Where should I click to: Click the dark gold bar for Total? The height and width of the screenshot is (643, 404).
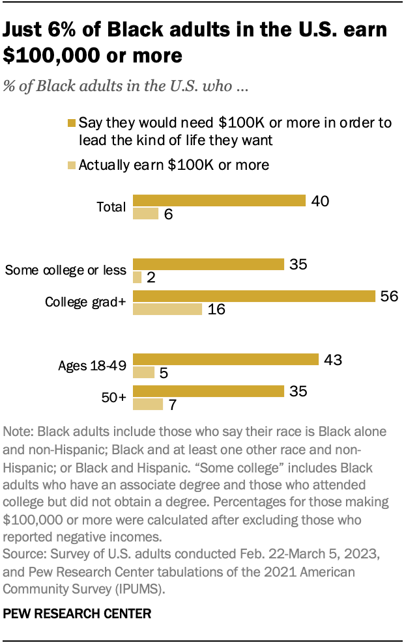pyautogui.click(x=219, y=200)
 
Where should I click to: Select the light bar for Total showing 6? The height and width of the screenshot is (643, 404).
pyautogui.click(x=145, y=213)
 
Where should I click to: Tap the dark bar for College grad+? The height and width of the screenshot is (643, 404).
pyautogui.click(x=254, y=296)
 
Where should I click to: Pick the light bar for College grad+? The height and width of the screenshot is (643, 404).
pyautogui.click(x=167, y=309)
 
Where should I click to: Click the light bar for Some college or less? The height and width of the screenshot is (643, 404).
pyautogui.click(x=137, y=277)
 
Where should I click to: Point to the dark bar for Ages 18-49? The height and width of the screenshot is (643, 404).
pyautogui.click(x=225, y=360)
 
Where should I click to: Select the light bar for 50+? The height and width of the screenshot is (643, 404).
pyautogui.click(x=147, y=404)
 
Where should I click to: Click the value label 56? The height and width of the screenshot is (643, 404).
pyautogui.click(x=389, y=296)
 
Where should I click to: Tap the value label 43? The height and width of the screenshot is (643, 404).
pyautogui.click(x=332, y=360)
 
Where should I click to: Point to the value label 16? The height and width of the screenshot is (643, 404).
pyautogui.click(x=217, y=309)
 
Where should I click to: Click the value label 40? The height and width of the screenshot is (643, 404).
pyautogui.click(x=319, y=200)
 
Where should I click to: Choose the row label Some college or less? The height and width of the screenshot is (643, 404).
pyautogui.click(x=65, y=270)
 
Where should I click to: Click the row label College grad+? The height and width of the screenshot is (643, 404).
pyautogui.click(x=85, y=302)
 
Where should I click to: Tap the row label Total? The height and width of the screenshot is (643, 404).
pyautogui.click(x=111, y=207)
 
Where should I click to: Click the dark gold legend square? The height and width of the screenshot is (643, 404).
pyautogui.click(x=72, y=123)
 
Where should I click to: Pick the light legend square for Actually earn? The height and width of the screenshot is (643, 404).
pyautogui.click(x=72, y=165)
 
